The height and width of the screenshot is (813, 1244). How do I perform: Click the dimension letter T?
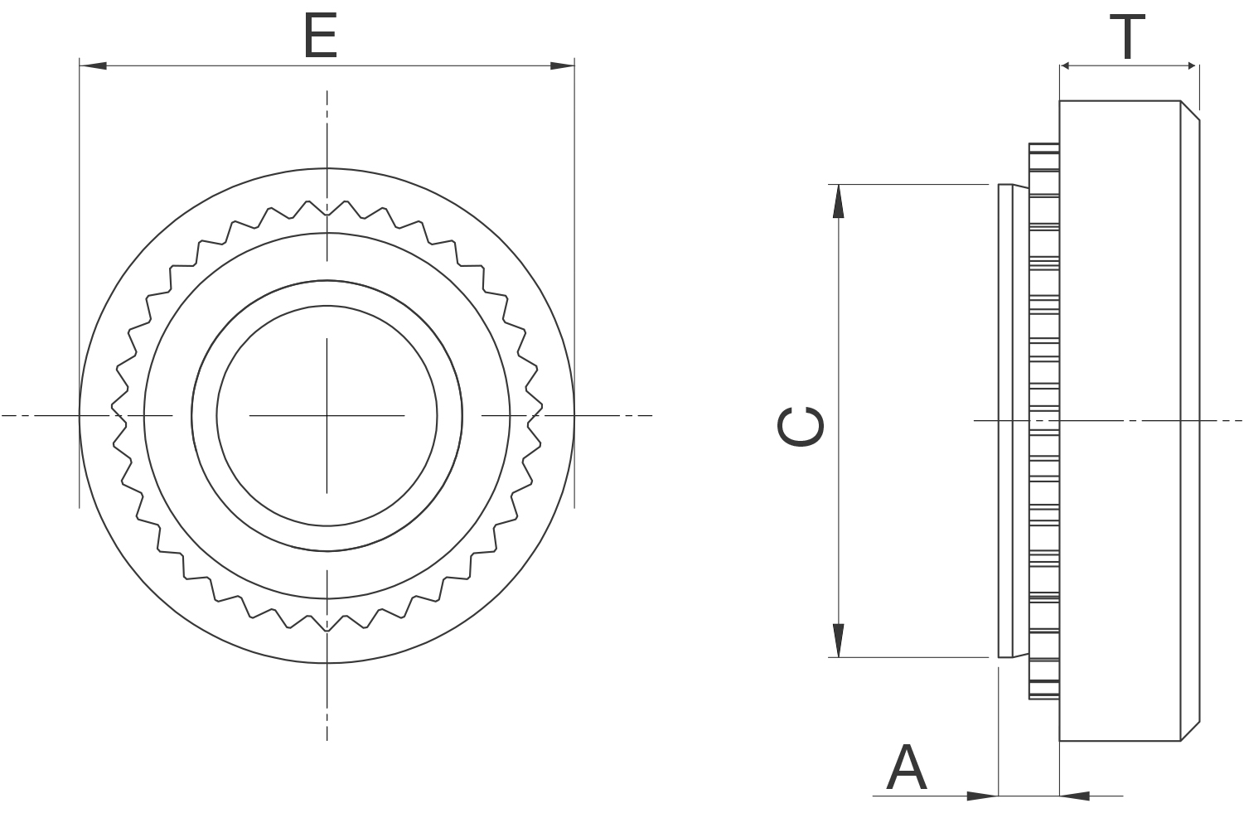1128,37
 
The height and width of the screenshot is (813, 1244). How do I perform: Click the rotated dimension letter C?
801,426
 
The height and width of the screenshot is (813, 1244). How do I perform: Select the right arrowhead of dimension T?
1187,65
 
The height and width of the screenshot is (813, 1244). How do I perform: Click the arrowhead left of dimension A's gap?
983,796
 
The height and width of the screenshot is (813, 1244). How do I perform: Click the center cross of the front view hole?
327,414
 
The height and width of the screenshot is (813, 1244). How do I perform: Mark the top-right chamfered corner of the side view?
1190,110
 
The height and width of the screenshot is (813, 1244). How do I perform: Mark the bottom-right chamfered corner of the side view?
1190,731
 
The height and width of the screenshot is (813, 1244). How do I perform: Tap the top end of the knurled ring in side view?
1044,148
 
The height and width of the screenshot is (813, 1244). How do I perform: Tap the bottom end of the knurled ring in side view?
1044,694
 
